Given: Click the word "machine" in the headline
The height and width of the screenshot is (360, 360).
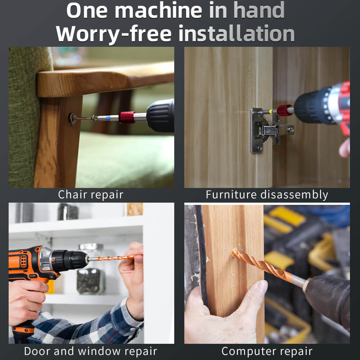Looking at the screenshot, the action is click(158, 10).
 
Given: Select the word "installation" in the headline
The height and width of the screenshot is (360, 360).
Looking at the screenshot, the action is click(237, 33).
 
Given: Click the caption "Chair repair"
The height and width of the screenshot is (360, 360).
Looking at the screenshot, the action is click(91, 195).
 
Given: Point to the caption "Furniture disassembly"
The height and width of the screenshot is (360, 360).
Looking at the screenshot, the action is click(267, 195).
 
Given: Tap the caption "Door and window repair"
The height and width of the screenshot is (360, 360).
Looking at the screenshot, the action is click(91, 351).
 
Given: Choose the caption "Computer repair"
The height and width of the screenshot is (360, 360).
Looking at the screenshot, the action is click(267, 351).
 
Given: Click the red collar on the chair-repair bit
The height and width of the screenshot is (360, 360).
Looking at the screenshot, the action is click(127, 117).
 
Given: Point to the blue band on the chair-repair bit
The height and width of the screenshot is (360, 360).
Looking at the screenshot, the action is click(108, 118).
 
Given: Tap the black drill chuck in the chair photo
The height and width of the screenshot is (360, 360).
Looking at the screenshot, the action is click(160, 116).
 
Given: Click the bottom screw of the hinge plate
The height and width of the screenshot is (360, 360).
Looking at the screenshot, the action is click(260, 148).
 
